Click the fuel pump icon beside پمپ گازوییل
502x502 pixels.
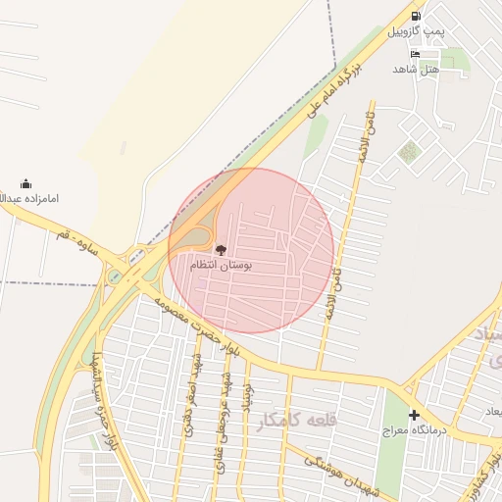coord(416,17)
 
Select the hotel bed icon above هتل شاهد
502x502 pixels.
coord(416,54)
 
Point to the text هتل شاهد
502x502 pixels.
coord(416,70)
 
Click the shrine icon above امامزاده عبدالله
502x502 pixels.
coord(25,183)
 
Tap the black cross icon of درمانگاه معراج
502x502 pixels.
coord(414,415)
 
